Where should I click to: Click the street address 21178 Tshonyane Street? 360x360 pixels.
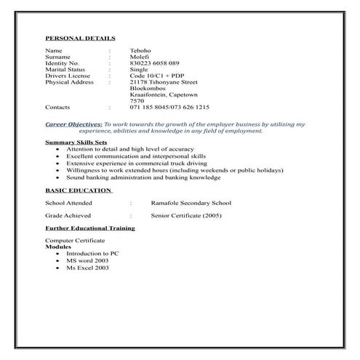point(179,82)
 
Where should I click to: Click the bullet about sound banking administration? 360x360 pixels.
point(143,177)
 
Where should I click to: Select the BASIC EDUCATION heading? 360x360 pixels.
point(78,191)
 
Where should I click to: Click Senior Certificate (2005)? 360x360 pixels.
point(185,216)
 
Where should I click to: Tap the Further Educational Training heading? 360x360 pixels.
point(89,228)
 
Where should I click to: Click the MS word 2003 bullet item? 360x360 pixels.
point(87,260)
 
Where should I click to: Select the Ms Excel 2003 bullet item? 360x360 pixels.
point(87,268)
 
